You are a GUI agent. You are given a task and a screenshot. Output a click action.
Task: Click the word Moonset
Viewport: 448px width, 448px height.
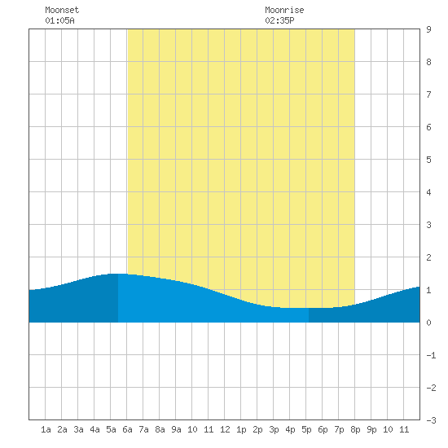(62, 10)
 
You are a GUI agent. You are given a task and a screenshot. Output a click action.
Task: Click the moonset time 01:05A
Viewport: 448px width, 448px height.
(59, 20)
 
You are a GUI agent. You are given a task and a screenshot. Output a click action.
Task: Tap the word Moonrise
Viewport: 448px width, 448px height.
(284, 10)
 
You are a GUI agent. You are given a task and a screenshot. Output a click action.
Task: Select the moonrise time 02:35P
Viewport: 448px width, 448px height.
(279, 20)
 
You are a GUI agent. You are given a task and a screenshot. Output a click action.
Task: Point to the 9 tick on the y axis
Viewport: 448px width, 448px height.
(428, 29)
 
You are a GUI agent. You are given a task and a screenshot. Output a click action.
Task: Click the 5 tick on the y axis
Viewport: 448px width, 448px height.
(428, 160)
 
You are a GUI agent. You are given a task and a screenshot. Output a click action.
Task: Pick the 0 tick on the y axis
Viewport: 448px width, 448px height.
(428, 323)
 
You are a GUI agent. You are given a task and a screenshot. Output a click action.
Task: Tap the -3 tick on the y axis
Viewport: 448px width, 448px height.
(431, 420)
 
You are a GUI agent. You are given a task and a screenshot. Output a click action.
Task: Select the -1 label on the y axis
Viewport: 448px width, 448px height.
(431, 355)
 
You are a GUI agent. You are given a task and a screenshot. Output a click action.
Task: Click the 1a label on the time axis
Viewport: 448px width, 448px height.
(46, 429)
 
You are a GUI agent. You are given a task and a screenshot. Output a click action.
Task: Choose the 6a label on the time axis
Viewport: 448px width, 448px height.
(127, 429)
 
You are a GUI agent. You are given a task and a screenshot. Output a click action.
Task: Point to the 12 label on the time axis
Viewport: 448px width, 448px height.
(225, 429)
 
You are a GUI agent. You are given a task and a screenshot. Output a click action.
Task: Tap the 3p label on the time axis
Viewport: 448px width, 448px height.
(274, 429)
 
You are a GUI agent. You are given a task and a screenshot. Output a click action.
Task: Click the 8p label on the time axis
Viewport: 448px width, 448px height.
(355, 429)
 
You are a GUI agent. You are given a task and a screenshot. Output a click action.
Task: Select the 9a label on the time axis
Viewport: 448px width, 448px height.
(176, 429)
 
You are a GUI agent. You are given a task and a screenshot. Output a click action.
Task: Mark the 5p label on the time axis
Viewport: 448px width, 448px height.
(306, 429)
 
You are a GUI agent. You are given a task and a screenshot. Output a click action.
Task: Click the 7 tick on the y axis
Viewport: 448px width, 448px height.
(428, 94)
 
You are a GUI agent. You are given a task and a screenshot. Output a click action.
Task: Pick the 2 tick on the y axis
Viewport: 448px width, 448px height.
(428, 257)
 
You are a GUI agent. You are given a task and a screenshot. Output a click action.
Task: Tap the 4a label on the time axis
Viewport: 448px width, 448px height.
(94, 429)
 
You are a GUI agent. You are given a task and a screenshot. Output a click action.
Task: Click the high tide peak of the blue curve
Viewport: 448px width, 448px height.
(118, 274)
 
